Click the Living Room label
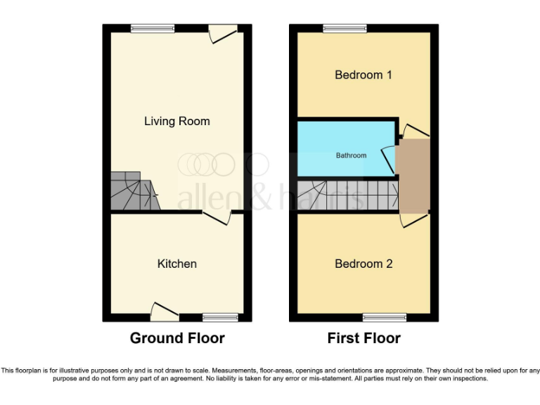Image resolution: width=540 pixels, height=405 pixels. tap(176, 121)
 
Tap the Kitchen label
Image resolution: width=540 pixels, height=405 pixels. tap(176, 264)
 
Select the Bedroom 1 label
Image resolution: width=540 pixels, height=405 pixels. tap(363, 75)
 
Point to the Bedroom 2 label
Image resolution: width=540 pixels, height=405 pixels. tap(363, 264)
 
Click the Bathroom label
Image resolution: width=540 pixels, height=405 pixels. tap(350, 155)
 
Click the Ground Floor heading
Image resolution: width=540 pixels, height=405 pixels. tap(177, 338)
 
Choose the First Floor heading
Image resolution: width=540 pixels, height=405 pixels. tap(364, 338)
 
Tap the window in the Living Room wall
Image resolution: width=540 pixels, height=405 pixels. tap(152, 28)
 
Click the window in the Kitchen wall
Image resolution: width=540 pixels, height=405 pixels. tap(220, 318)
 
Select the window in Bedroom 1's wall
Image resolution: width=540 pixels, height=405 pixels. tap(345, 28)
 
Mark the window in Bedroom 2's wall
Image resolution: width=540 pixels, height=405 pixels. tap(384, 318)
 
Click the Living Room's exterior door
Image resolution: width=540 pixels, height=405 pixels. tap(224, 33)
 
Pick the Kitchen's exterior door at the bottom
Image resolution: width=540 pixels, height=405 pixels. tap(165, 311)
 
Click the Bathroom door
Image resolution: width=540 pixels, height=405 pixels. tap(387, 158)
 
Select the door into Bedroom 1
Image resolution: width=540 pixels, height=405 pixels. tap(416, 131)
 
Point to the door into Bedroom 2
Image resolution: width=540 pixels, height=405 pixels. tap(414, 219)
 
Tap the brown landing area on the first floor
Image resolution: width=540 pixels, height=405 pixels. tap(413, 176)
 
